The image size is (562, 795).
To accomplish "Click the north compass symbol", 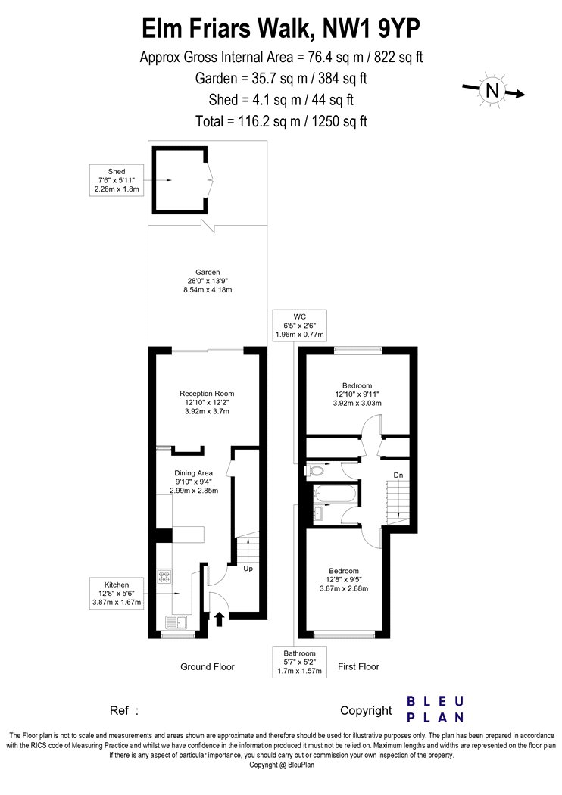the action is pos(492,91).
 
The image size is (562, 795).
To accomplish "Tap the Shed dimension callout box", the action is pos(116,180).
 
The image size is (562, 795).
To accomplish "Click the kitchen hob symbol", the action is pos(164,576).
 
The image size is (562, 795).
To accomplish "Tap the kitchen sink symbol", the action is pos(176,622).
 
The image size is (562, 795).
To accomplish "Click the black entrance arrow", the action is pos(219,619).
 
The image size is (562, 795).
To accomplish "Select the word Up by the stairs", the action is pos(248,569).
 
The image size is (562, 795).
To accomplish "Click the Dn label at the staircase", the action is pos(398,475).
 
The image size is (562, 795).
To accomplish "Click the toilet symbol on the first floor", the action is pos(314,471).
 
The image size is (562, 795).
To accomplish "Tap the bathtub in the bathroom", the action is pos(332,493).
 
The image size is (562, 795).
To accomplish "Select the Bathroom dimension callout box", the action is pos(300,662).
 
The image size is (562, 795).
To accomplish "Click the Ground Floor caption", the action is pos(208,667).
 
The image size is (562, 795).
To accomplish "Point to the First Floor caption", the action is pos(358,667).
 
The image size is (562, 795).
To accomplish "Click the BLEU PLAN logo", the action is pos(436,709).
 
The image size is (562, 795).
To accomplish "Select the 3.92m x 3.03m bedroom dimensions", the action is pos(357,403).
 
